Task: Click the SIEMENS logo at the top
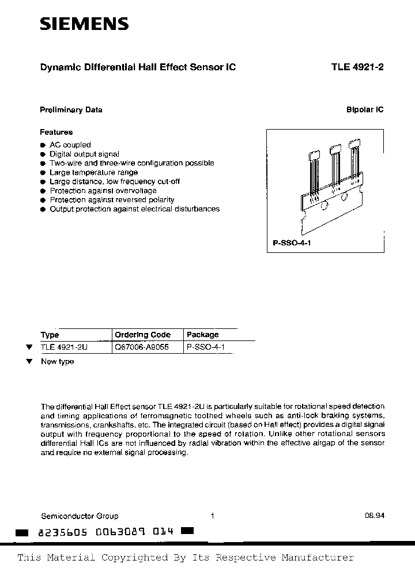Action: [x=84, y=24]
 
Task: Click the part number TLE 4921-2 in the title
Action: [x=357, y=67]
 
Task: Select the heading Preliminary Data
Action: [x=71, y=110]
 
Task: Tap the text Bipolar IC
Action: [x=365, y=110]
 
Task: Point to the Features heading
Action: [x=56, y=132]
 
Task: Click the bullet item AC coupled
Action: [x=70, y=145]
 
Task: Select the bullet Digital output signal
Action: [x=84, y=154]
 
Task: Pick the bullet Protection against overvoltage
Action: [x=103, y=191]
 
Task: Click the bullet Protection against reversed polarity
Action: [x=112, y=200]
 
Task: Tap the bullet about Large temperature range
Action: [x=93, y=172]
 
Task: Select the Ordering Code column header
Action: [x=142, y=335]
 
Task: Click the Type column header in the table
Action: [x=50, y=335]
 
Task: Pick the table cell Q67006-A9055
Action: [x=142, y=347]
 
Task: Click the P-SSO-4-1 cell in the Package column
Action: [x=207, y=347]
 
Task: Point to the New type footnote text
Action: [x=57, y=362]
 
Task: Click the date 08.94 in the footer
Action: [x=374, y=516]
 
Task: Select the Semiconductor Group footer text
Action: [x=80, y=516]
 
